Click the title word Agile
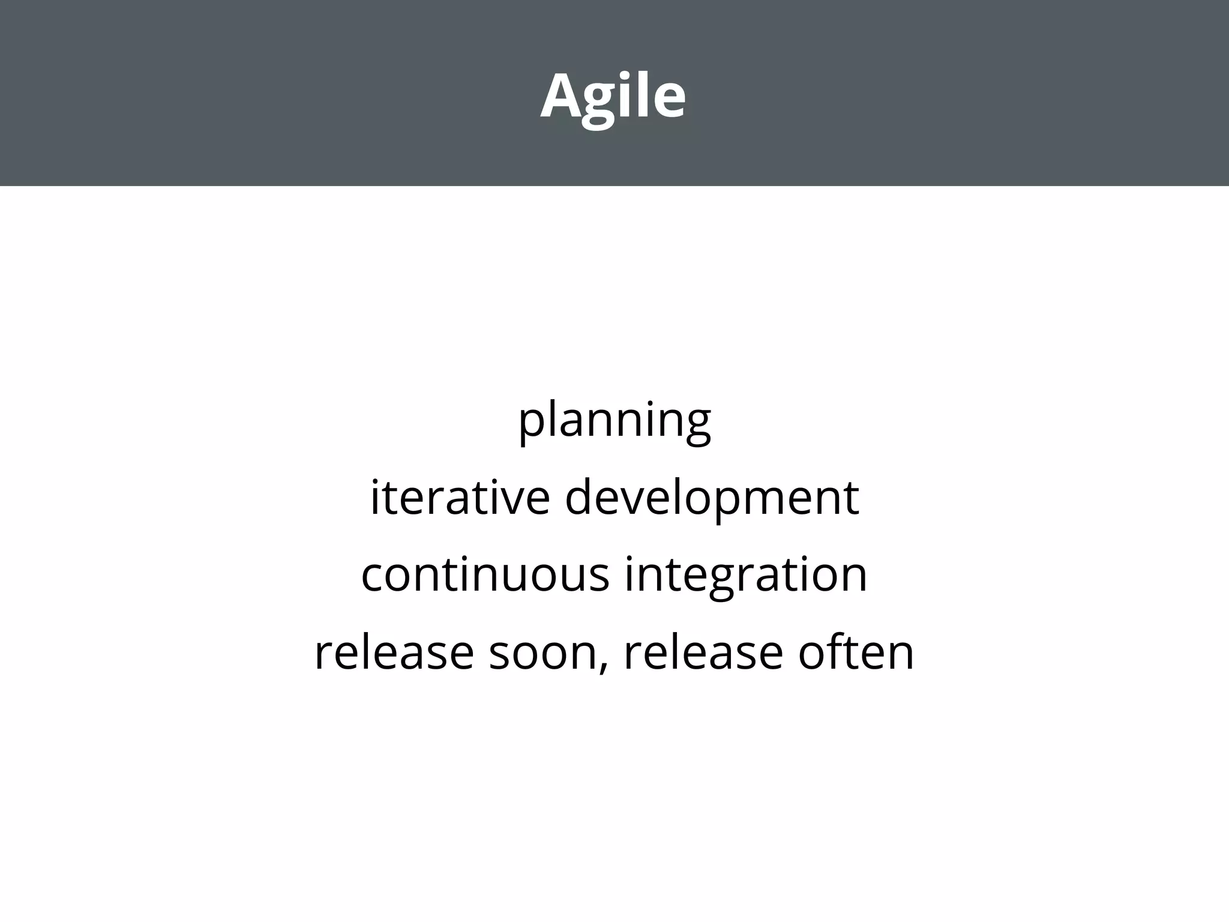tap(613, 96)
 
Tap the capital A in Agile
tap(562, 96)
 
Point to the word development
tap(712, 498)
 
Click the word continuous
tap(485, 574)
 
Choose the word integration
tap(746, 575)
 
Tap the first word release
tap(394, 652)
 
